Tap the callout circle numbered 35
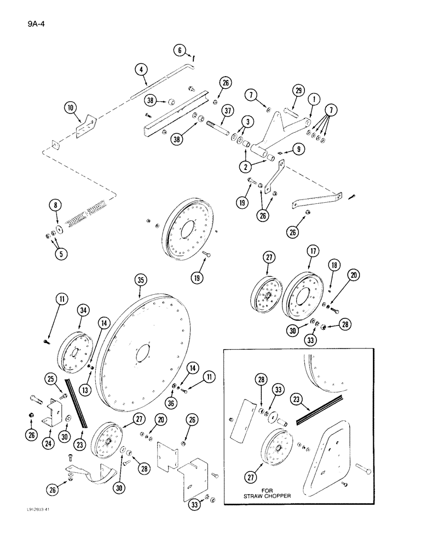pos(141,281)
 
